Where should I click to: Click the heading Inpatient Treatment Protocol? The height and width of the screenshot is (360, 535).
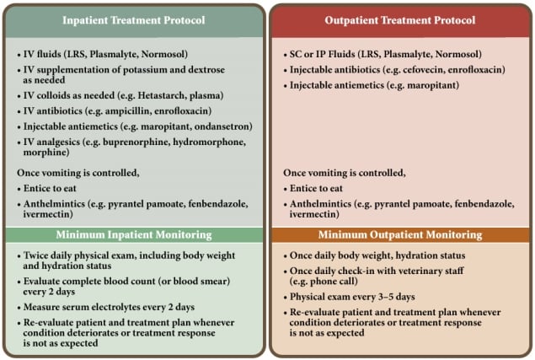[x=134, y=20]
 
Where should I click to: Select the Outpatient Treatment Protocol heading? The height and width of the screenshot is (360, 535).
[x=400, y=20]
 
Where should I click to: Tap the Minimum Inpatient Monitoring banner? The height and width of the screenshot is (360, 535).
[x=134, y=234]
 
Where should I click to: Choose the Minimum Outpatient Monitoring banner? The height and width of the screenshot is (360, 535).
[x=400, y=234]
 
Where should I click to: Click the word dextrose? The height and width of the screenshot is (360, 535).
[x=207, y=70]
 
